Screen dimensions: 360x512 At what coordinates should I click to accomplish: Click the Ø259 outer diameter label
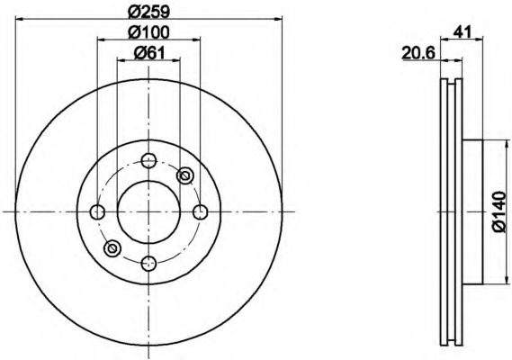click(149, 12)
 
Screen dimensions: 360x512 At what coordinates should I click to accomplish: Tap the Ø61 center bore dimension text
click(148, 53)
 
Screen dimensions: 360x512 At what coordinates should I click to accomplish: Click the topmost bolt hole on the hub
click(149, 162)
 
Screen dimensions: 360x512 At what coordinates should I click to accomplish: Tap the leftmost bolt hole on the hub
click(98, 211)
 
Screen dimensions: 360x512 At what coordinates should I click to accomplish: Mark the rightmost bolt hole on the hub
click(201, 211)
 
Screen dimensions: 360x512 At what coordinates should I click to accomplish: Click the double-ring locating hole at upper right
click(185, 175)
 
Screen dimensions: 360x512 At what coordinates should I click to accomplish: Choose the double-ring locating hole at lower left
click(112, 247)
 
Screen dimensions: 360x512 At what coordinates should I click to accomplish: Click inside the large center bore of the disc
click(149, 211)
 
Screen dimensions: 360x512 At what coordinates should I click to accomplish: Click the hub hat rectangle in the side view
click(472, 211)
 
